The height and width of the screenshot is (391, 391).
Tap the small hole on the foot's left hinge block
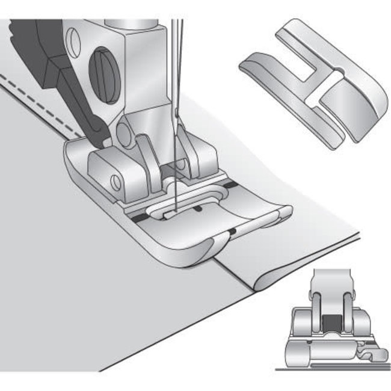(x=113, y=179)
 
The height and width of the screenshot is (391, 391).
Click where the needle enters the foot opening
(x=172, y=211)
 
